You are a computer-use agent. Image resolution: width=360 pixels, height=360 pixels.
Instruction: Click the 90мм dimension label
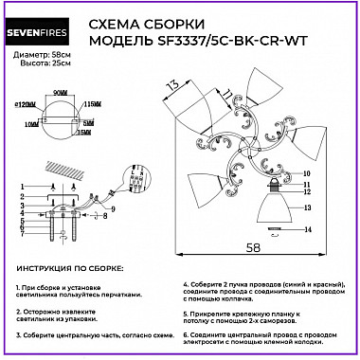61,93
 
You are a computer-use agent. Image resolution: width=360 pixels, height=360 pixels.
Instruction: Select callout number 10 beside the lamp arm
305,174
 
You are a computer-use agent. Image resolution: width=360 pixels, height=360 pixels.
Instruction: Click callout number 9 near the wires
113,207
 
